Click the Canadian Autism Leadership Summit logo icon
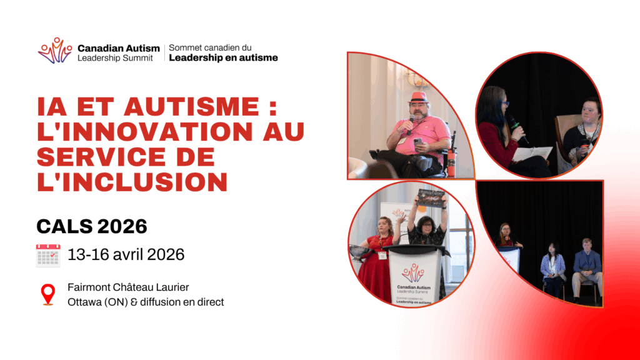(x=55, y=51)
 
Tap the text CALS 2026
(x=92, y=226)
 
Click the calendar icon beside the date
(x=48, y=256)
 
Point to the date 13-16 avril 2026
(x=126, y=255)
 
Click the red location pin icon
(x=48, y=294)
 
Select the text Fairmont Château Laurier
(x=128, y=287)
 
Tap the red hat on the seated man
(x=419, y=98)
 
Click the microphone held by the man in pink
(x=411, y=124)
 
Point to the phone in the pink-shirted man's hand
(x=418, y=142)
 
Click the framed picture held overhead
(x=430, y=198)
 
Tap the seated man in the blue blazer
(x=587, y=269)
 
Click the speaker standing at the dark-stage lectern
(x=507, y=236)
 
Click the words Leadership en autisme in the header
(x=223, y=58)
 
